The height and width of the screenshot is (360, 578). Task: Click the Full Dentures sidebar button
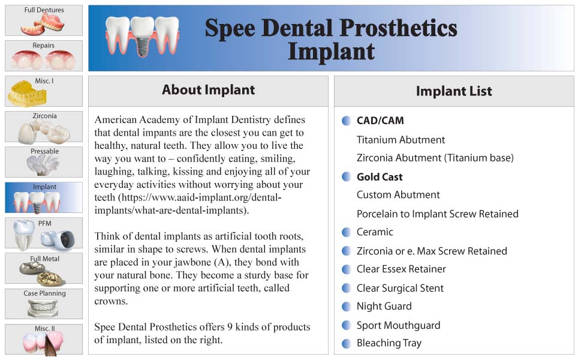[x=44, y=20]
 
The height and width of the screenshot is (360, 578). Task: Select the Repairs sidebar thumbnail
[x=44, y=56]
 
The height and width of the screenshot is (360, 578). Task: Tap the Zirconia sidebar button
[x=44, y=127]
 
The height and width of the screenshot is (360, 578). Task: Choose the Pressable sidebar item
[x=44, y=162]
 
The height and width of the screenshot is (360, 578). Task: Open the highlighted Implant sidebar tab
[x=44, y=197]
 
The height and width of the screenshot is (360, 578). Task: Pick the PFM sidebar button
[x=44, y=233]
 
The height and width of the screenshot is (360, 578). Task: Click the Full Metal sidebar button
[x=44, y=268]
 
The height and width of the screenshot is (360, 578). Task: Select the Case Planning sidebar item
[x=44, y=304]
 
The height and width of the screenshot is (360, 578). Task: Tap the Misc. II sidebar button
[x=44, y=339]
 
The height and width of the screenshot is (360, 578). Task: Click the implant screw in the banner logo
[x=142, y=46]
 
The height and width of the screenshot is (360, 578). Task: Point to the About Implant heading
[x=208, y=89]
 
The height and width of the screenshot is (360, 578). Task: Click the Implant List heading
[x=454, y=91]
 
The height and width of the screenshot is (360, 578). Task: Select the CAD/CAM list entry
[x=380, y=121]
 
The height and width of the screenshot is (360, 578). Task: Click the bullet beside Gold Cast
[x=346, y=176]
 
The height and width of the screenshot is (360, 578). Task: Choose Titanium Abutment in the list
[x=401, y=140]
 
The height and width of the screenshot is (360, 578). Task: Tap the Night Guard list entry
[x=384, y=306]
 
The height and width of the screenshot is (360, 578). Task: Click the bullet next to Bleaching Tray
[x=346, y=343]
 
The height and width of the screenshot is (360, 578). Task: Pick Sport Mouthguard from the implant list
[x=398, y=325]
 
